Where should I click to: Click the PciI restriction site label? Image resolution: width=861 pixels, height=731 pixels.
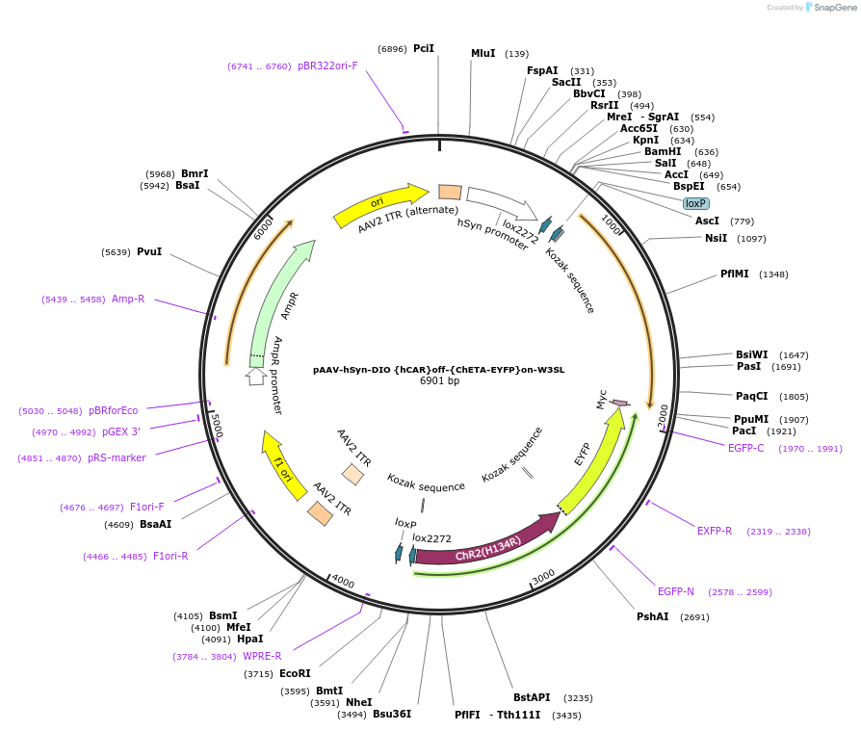424,48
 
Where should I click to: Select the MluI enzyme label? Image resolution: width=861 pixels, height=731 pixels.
483,53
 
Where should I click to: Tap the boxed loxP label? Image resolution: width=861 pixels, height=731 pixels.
695,203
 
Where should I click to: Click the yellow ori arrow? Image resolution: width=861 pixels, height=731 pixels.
380,204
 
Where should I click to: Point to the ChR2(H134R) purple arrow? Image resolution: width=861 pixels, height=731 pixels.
486,542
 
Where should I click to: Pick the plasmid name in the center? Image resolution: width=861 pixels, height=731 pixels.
438,369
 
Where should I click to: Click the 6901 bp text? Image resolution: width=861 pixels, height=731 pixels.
439,381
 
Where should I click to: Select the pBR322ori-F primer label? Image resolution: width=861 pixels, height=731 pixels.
327,65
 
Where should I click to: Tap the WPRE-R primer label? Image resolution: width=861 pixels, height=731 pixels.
262,656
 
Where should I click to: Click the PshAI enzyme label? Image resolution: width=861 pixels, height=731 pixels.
652,616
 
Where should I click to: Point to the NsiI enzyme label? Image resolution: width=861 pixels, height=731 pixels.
716,238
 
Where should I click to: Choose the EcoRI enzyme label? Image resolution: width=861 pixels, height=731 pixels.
295,673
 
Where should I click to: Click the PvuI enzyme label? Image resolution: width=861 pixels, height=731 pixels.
149,251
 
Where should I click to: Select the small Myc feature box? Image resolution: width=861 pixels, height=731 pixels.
620,403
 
